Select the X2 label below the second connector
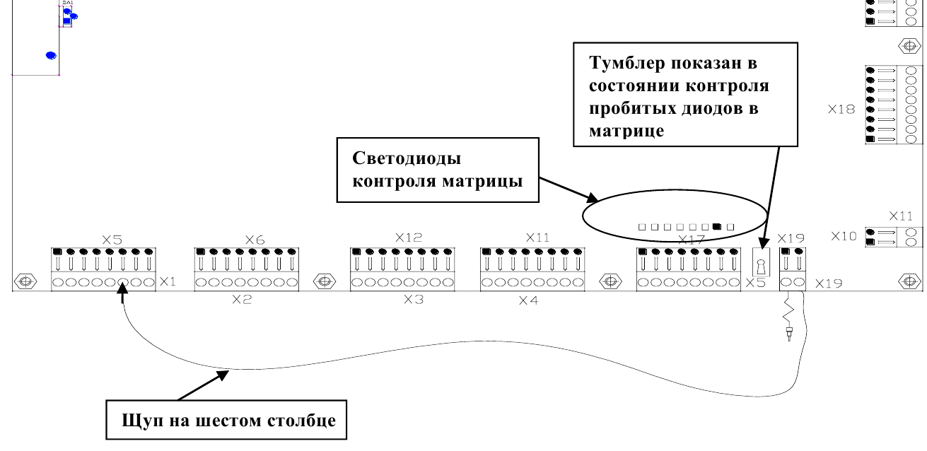pos(242,300)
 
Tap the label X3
pos(413,300)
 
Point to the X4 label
pos(528,300)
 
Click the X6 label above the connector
pos(254,239)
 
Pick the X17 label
pos(692,240)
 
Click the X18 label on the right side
pos(842,110)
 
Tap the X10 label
pos(843,235)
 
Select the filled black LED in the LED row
pos(718,227)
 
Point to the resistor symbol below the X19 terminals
pos(788,312)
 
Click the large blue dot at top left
pos(51,55)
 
